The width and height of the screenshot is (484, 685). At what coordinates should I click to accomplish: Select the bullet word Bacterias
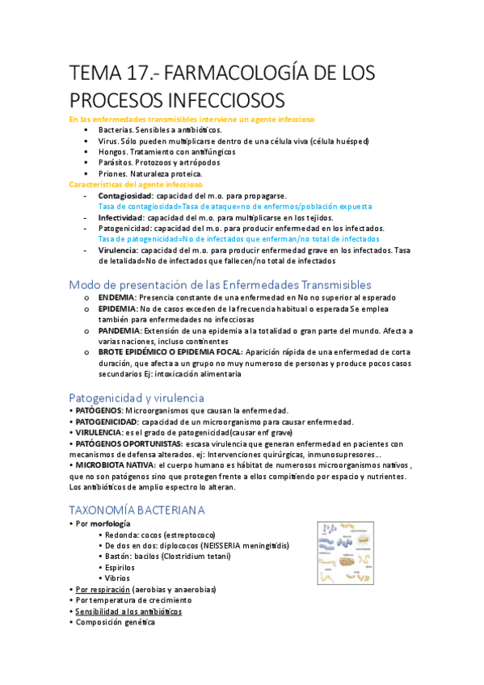pos(116,129)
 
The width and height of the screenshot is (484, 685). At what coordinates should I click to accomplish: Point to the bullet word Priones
pos(113,174)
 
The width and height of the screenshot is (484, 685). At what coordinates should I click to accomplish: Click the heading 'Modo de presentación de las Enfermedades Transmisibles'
pos(220,284)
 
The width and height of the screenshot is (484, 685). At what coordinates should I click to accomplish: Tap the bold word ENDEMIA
pos(116,297)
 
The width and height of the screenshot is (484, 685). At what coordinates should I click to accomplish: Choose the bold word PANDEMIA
pos(119,331)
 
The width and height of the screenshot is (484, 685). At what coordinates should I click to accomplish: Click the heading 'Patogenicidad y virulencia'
pos(137,397)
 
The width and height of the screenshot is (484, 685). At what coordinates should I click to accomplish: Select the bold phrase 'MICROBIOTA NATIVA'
pos(115,465)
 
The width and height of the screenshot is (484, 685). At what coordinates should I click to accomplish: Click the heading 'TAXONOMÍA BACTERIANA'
pos(137,510)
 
